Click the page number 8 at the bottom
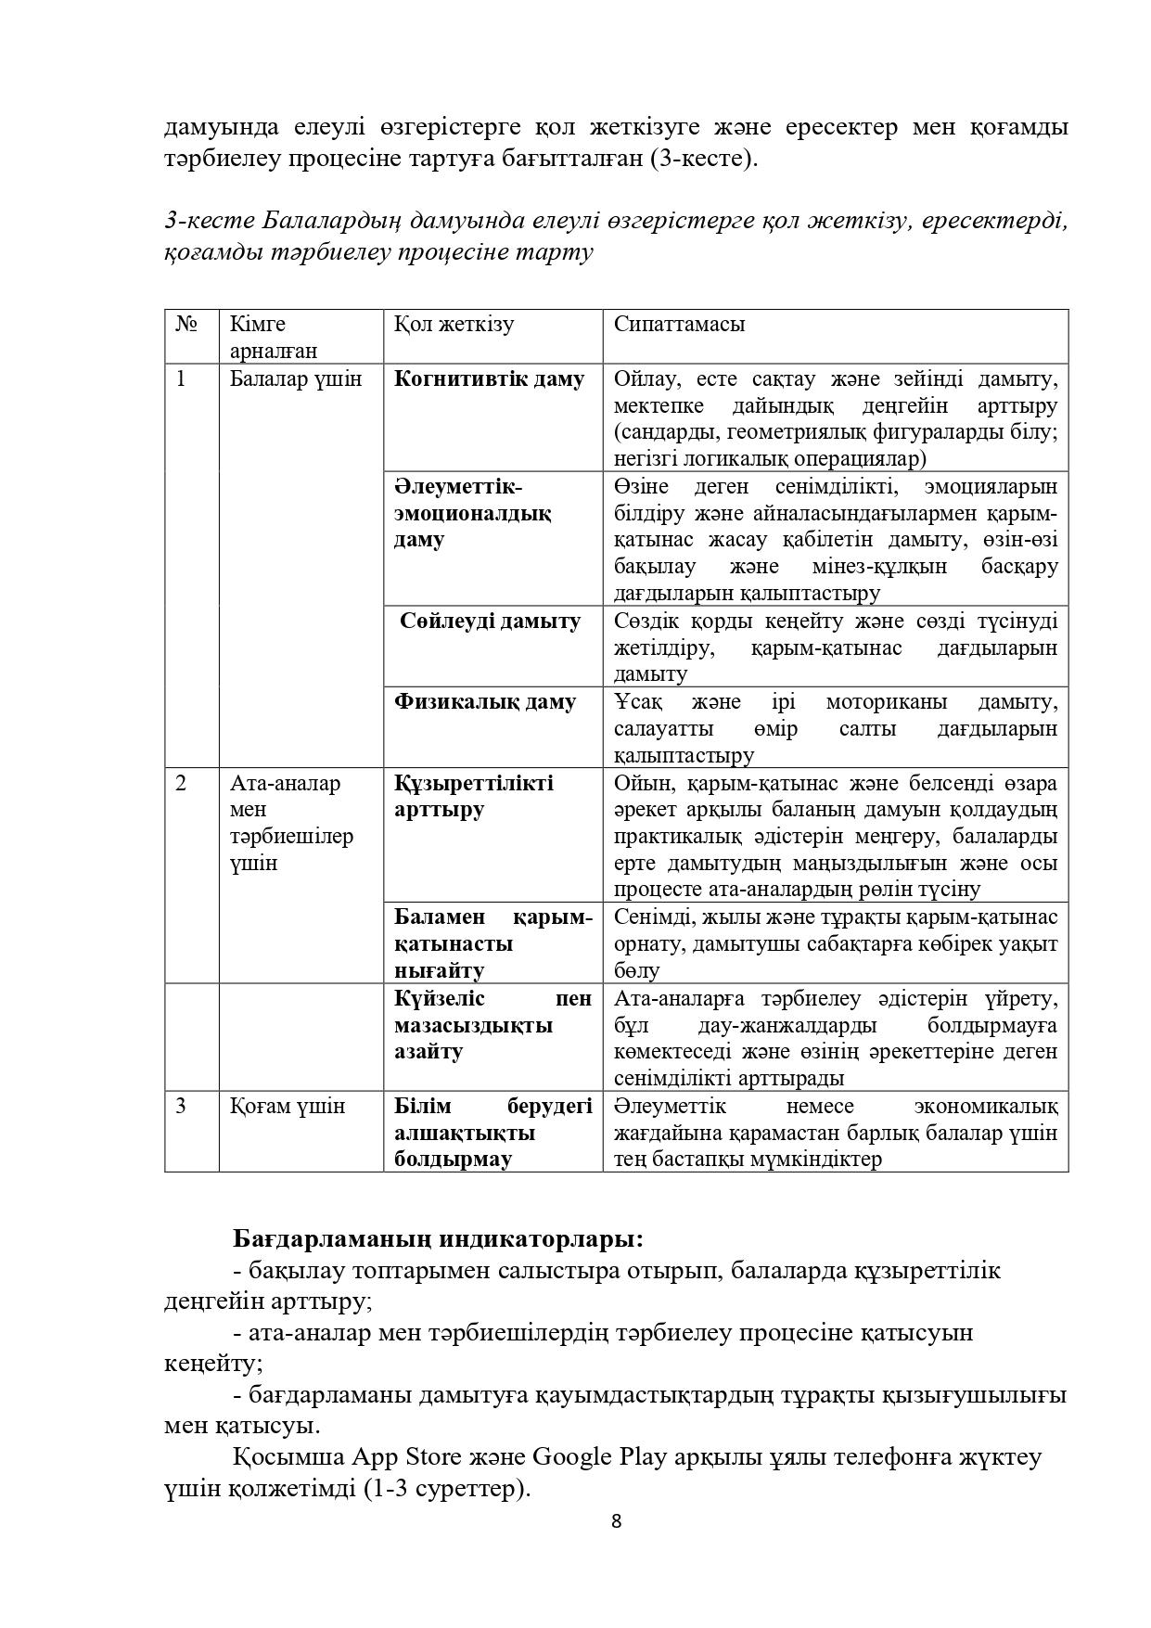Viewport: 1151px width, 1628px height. click(616, 1521)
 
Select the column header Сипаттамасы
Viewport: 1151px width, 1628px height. click(679, 325)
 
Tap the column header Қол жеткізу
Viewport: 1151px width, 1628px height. click(454, 325)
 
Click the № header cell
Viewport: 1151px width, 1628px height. click(186, 325)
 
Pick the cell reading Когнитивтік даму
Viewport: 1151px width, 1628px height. click(489, 378)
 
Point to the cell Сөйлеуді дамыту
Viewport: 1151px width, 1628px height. click(491, 621)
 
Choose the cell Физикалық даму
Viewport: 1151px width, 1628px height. click(484, 701)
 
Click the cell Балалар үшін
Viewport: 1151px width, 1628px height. click(295, 378)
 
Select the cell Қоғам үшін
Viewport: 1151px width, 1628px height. click(288, 1106)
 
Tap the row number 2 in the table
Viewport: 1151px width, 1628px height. click(181, 783)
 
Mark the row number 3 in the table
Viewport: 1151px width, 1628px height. click(181, 1106)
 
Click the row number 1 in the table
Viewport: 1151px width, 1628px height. click(181, 378)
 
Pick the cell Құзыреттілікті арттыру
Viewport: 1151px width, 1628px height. click(473, 796)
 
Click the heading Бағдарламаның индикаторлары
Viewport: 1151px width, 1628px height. click(438, 1239)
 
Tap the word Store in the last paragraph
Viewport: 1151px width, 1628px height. click(431, 1456)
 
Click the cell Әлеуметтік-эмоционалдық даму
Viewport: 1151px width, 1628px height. click(472, 513)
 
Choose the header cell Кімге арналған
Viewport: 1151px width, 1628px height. click(274, 338)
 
